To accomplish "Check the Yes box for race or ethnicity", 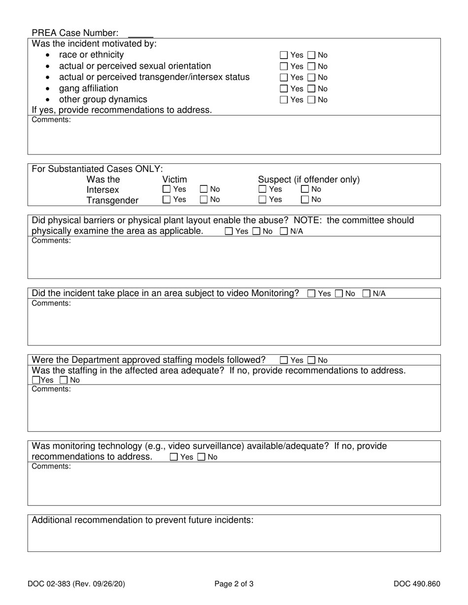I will [284, 55].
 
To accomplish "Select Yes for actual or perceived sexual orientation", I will [284, 66].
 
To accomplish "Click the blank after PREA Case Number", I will [140, 33].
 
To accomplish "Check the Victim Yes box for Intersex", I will [167, 189].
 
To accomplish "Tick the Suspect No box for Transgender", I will [305, 199].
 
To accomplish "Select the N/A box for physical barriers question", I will [284, 231].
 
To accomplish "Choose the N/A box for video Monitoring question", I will [367, 294].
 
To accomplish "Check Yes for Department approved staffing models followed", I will [284, 360].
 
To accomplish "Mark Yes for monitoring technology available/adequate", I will [174, 457].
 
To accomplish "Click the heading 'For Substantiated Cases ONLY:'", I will [97, 169].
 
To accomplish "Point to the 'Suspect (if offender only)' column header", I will [308, 180].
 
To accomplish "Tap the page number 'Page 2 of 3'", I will [234, 584].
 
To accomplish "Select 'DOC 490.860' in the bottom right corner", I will [417, 584].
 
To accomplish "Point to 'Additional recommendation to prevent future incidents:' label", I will [142, 520].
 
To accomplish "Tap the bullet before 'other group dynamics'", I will [48, 100].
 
